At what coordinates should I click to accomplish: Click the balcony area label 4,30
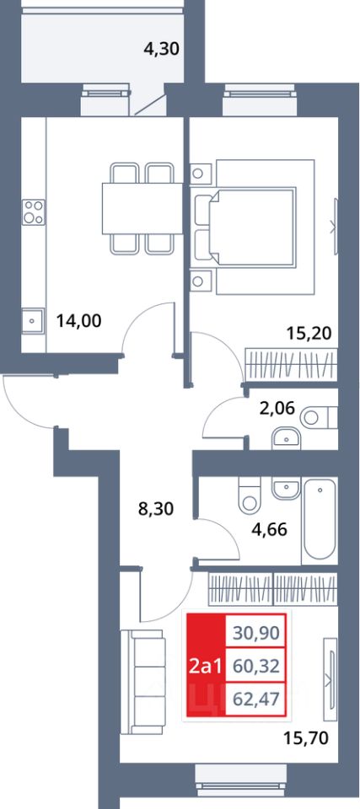161,50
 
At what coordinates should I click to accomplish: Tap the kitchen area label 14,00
78,321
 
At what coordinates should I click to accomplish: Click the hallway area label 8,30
157,509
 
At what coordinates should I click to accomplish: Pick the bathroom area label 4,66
269,530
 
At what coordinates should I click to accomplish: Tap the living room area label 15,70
307,739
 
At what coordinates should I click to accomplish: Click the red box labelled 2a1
206,667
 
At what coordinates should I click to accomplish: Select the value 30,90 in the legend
256,632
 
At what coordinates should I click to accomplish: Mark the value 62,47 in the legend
256,700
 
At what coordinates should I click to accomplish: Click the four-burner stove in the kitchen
34,212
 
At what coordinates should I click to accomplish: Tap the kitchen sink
33,321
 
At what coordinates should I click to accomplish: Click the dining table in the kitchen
142,208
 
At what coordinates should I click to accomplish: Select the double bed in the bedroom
253,227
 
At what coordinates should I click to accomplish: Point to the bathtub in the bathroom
320,521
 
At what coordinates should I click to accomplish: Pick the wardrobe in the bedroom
291,364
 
